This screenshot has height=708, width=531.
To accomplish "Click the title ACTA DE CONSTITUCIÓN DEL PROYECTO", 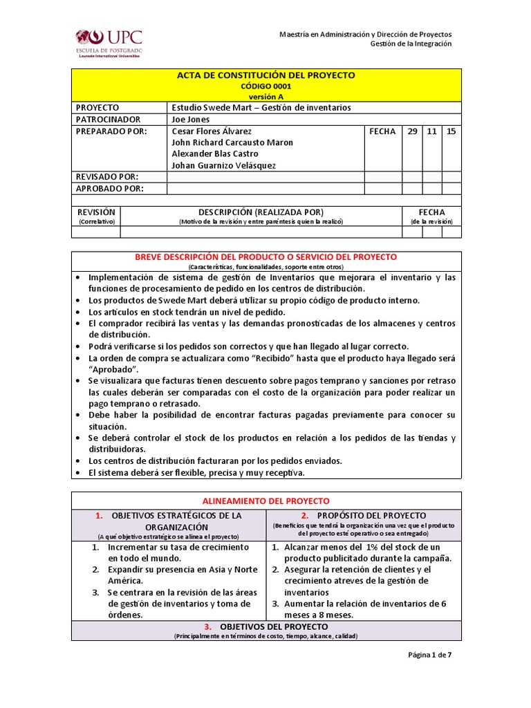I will pyautogui.click(x=265, y=75).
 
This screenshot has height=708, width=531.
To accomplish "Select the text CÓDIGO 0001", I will pyautogui.click(x=265, y=86).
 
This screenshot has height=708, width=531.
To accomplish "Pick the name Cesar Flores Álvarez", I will pyautogui.click(x=212, y=131).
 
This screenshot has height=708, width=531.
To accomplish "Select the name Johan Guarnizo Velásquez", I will pyautogui.click(x=224, y=165).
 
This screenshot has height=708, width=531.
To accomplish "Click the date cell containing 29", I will pyautogui.click(x=411, y=131).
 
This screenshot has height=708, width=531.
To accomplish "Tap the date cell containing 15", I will pyautogui.click(x=451, y=131).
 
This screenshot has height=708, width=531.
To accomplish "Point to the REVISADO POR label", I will pyautogui.click(x=107, y=177).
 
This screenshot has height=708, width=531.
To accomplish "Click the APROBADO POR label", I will pyautogui.click(x=109, y=189).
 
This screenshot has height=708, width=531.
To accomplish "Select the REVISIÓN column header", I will pyautogui.click(x=96, y=212).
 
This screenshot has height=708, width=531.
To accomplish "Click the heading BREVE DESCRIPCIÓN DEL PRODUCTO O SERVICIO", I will pyautogui.click(x=265, y=257).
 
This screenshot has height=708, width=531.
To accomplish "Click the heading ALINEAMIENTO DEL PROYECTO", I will pyautogui.click(x=265, y=501).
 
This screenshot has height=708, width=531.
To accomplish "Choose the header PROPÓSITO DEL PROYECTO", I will pyautogui.click(x=371, y=516).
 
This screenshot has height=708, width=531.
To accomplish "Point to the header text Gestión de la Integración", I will pyautogui.click(x=411, y=44).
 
